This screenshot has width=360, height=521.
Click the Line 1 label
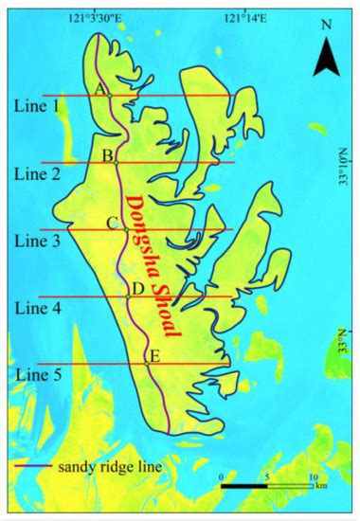tap(36, 106)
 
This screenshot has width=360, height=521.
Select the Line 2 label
tap(36, 173)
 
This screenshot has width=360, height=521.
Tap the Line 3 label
tap(36, 242)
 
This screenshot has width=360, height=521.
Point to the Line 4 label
tap(36, 308)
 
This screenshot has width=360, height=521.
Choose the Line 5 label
tap(36, 375)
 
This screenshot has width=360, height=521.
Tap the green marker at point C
tap(124, 230)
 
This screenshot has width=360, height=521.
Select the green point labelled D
tap(129, 296)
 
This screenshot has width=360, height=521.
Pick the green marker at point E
tap(145, 363)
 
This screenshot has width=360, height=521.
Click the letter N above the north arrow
tap(327, 24)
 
